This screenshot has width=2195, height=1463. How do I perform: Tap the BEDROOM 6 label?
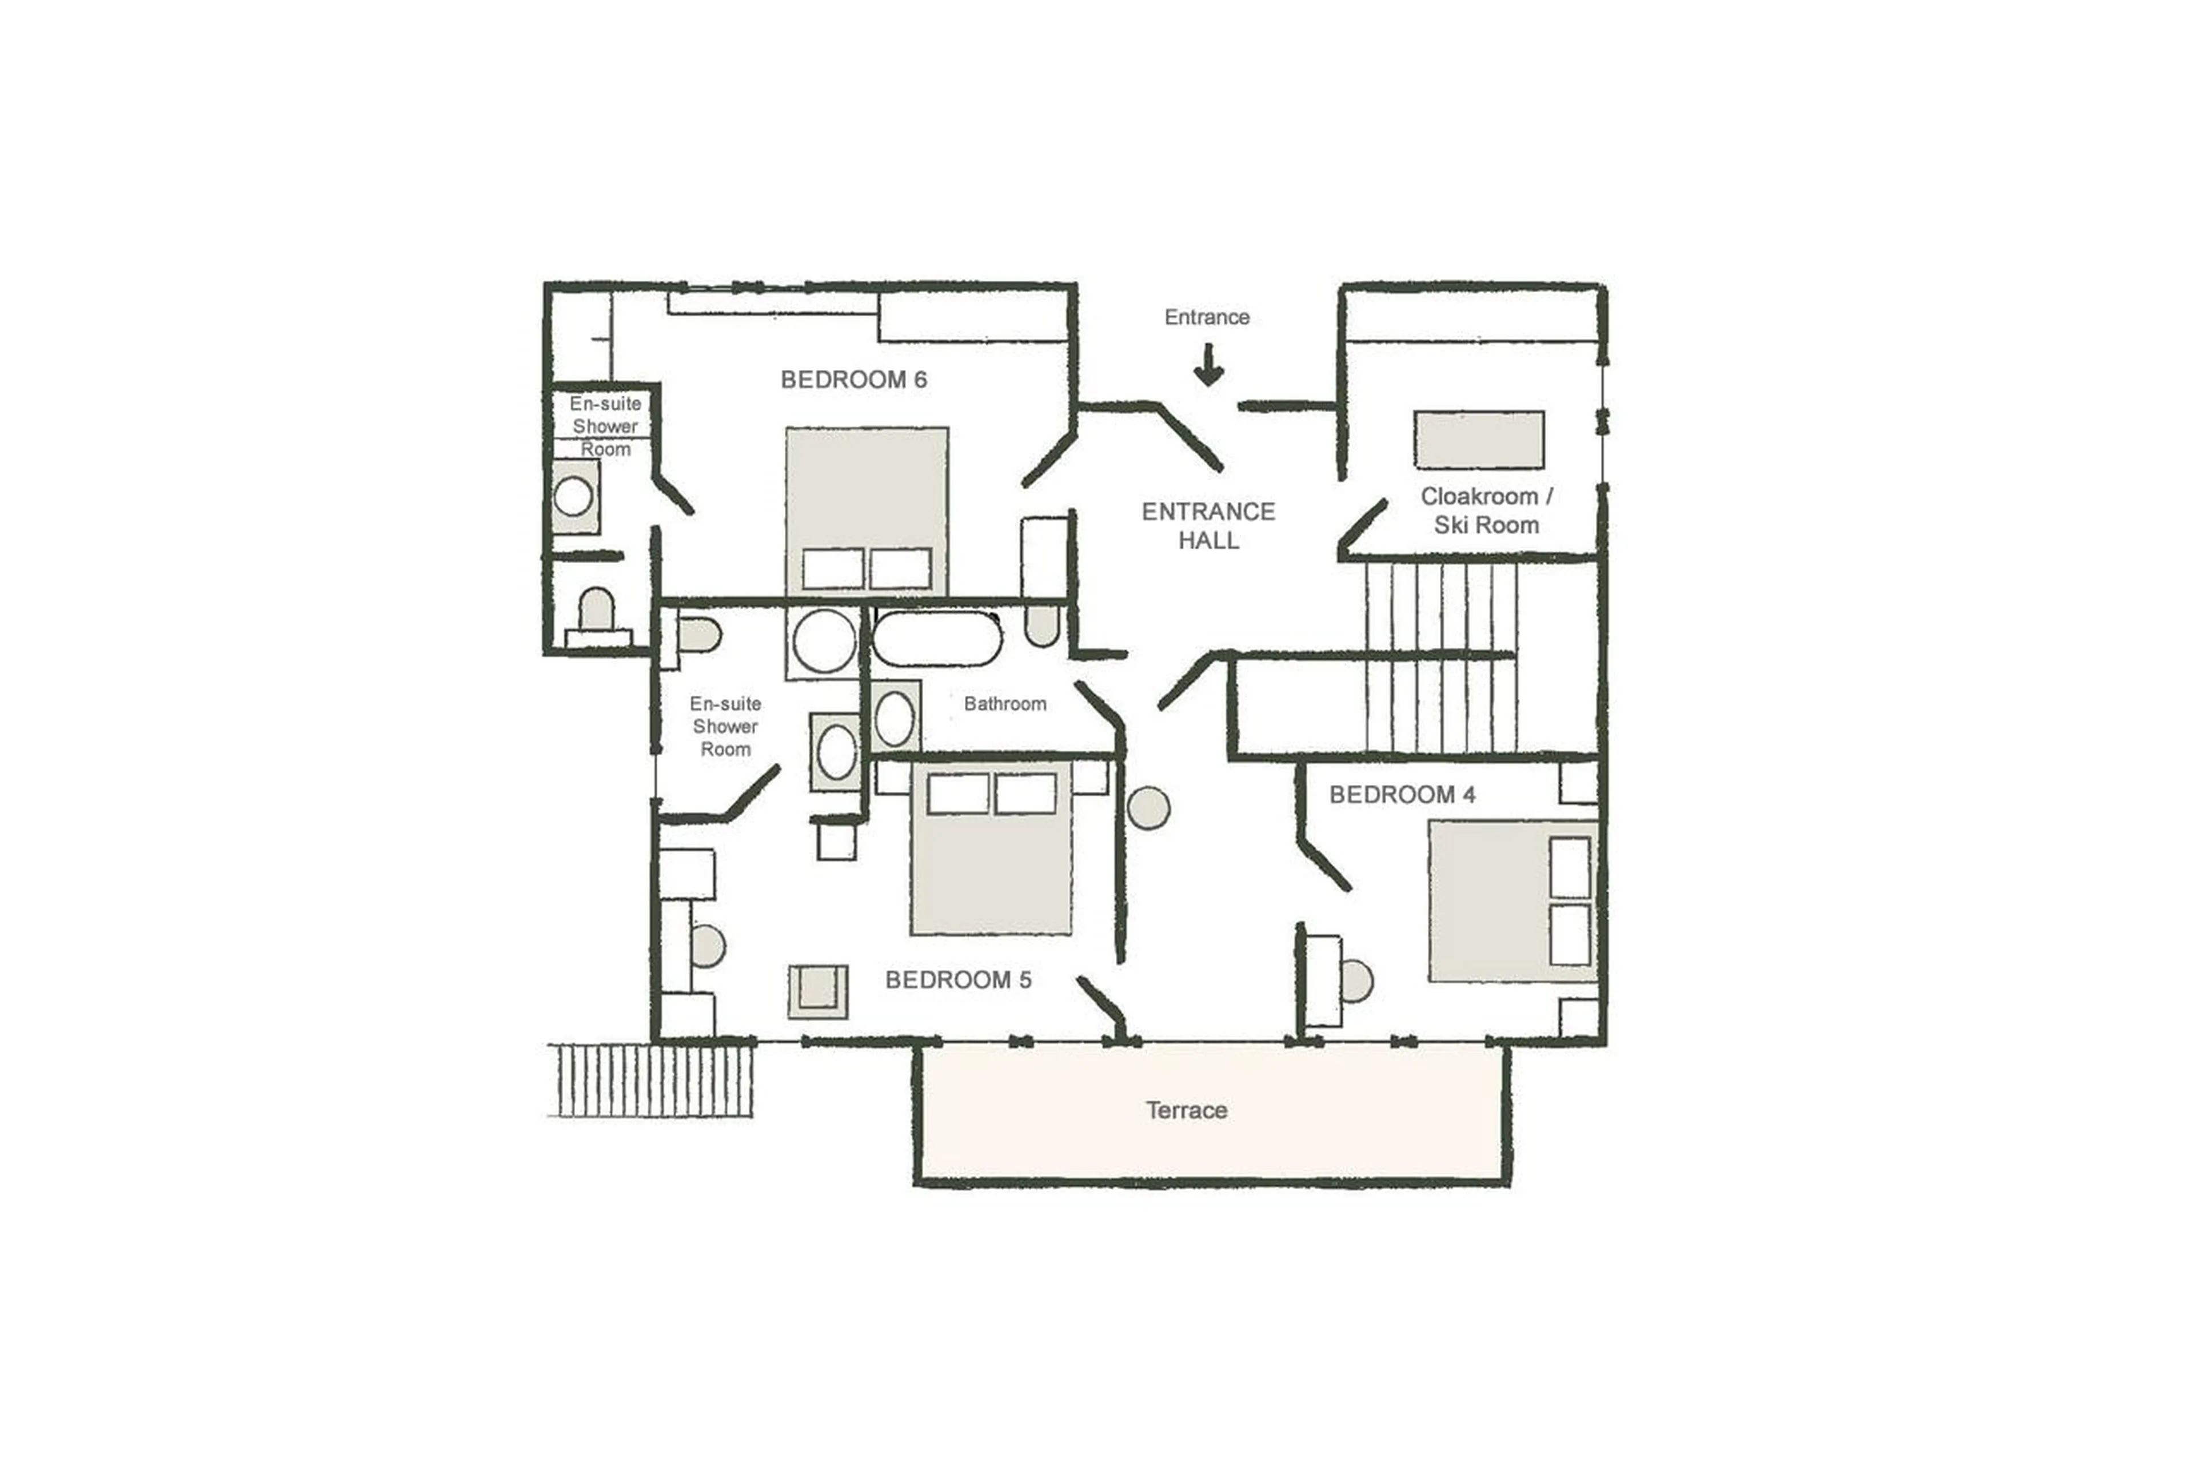pos(853,380)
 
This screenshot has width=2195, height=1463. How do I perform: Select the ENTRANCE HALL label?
pos(1208,525)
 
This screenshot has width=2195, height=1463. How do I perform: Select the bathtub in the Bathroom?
pos(937,638)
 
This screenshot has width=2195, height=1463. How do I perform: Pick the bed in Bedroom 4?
pos(1511,902)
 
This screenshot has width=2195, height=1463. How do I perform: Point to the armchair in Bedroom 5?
pos(818,991)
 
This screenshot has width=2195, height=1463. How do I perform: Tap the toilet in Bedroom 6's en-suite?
pos(597,614)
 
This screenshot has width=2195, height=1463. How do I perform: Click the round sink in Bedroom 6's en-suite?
pos(573,496)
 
